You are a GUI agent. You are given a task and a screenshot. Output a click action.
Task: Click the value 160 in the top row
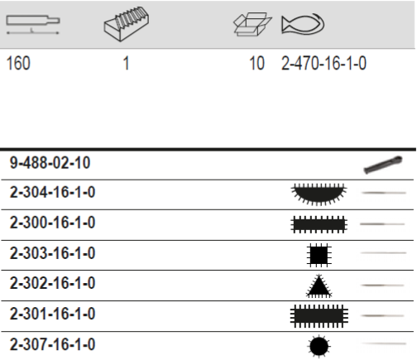[x=17, y=63]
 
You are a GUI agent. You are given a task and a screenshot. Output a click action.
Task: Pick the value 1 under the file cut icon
[x=127, y=63]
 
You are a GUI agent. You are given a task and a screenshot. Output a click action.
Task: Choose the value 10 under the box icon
[x=257, y=63]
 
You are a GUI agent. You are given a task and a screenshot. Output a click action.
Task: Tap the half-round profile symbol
[x=319, y=194]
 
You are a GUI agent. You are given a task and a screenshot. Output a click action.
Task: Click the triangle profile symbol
[x=319, y=285]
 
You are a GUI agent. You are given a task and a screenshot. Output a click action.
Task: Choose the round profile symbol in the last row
[x=319, y=344]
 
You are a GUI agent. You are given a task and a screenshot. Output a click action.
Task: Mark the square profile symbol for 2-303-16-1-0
[x=319, y=254]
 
